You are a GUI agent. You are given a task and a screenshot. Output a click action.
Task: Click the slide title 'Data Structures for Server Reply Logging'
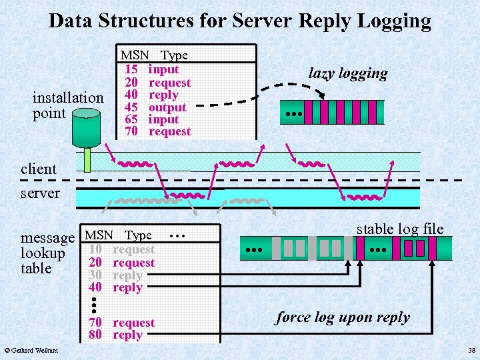coord(240,21)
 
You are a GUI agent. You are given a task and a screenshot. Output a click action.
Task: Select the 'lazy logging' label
coord(347,73)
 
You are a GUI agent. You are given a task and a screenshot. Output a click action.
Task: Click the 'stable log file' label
coord(399,229)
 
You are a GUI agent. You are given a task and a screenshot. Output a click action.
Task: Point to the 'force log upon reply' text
coord(343,317)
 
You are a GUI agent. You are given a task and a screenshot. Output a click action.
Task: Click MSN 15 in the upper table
coord(131,69)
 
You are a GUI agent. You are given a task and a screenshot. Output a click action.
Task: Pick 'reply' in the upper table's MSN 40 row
coord(163,95)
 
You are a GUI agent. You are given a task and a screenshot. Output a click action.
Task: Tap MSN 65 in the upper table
coord(131,119)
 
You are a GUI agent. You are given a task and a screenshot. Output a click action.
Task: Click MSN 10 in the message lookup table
coord(95,249)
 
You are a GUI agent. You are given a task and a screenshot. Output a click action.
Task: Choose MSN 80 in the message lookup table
coord(95,335)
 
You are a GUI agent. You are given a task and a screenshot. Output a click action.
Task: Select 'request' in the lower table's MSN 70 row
coord(133,323)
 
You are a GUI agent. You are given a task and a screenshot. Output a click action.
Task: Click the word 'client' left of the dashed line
coord(39,169)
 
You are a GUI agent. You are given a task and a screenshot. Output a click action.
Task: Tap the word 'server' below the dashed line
coord(40,193)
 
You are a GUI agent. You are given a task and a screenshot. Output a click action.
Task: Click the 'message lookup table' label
coord(47,253)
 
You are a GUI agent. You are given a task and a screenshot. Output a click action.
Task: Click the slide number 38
coord(471,351)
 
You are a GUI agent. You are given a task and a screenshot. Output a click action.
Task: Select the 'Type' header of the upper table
coord(175,55)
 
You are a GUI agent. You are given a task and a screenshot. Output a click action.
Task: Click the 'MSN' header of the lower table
coord(99,235)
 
